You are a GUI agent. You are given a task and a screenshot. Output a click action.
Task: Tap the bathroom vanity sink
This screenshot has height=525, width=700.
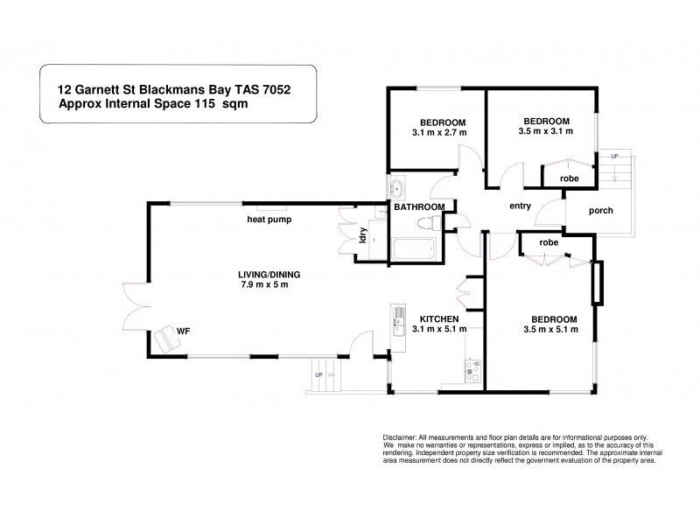click(396, 186)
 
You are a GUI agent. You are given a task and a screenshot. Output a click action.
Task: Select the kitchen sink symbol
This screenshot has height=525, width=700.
click(399, 315)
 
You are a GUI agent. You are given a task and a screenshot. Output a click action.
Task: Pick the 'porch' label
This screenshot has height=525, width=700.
click(600, 210)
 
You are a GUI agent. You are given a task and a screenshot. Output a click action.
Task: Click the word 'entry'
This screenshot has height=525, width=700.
click(521, 206)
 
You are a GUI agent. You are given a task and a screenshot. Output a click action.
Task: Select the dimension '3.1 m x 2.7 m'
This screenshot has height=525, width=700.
click(440, 132)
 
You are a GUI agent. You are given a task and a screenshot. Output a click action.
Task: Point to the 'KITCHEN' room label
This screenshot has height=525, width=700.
click(439, 318)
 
